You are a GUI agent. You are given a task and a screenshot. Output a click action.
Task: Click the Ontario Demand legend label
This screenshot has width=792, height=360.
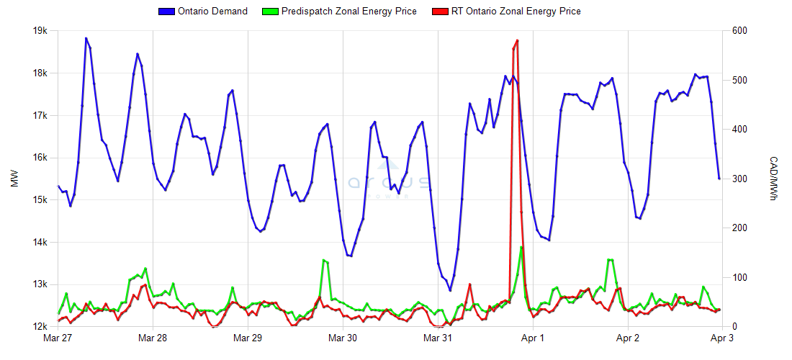click(212, 11)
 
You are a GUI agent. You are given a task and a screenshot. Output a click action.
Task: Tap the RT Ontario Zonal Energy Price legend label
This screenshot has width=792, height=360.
click(516, 11)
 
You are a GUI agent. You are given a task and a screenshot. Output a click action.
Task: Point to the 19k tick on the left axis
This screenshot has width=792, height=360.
click(40, 31)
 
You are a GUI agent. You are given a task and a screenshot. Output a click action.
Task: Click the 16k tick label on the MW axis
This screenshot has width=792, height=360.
click(40, 158)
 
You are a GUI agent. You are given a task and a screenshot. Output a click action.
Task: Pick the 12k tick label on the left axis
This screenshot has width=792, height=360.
click(40, 326)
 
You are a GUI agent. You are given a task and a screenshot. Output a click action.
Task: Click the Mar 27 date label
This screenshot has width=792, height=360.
click(58, 337)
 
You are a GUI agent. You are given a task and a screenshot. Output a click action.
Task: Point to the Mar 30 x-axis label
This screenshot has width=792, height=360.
click(343, 337)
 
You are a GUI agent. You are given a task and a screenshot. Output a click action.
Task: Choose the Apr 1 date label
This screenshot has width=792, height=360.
click(533, 337)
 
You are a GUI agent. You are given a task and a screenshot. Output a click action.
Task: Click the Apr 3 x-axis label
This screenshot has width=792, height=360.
click(722, 337)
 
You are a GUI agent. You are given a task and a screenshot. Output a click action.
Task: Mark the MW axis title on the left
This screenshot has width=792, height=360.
click(14, 179)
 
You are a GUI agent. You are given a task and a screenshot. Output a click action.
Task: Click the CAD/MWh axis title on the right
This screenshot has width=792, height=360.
click(773, 179)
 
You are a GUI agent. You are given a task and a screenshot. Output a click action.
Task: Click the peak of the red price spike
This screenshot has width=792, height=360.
click(517, 40)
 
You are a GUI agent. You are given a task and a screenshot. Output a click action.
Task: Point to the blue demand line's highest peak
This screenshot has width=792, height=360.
click(86, 38)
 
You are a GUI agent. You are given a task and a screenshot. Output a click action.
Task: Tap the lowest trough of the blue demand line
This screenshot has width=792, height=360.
click(451, 290)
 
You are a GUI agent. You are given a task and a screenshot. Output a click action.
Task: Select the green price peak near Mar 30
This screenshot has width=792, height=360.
click(323, 260)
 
